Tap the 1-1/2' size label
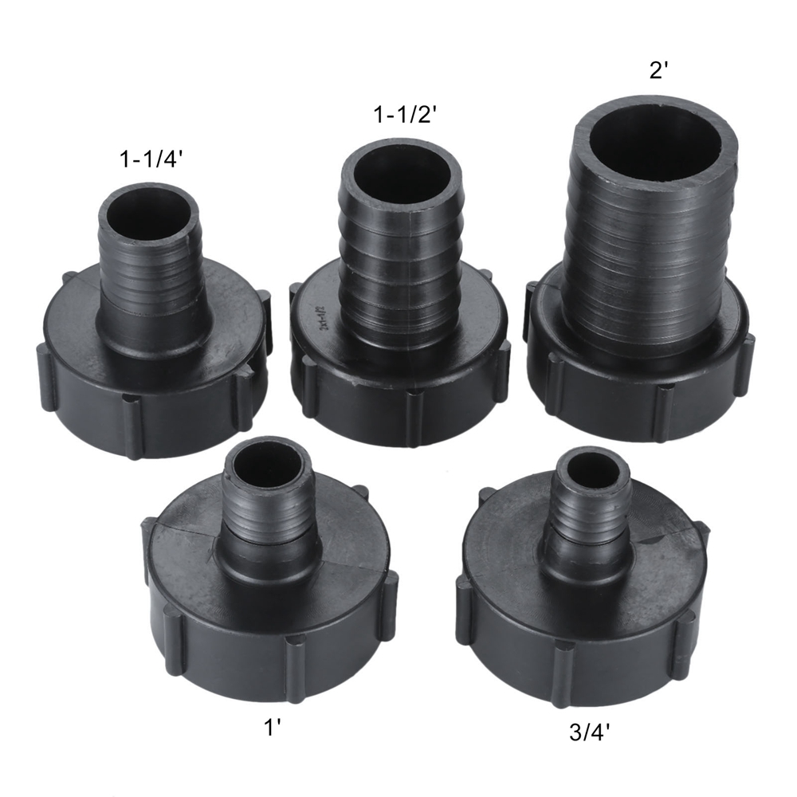[405, 116]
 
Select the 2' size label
[658, 71]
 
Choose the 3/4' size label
[589, 732]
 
